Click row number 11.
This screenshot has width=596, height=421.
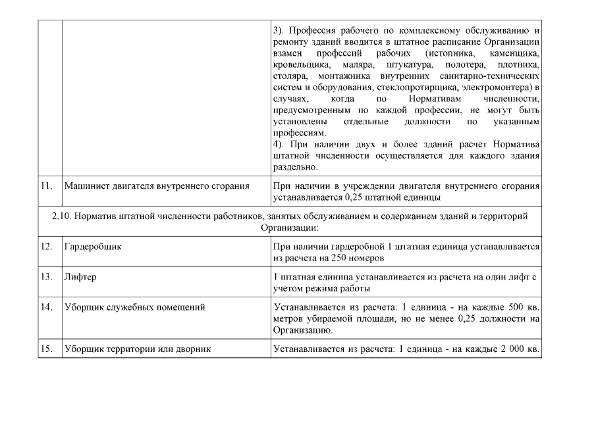[46, 186]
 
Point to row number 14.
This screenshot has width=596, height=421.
[46, 307]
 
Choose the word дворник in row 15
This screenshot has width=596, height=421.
[194, 348]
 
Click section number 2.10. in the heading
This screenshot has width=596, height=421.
[63, 216]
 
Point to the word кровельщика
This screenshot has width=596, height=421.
[300, 66]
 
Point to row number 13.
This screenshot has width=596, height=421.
[46, 276]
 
